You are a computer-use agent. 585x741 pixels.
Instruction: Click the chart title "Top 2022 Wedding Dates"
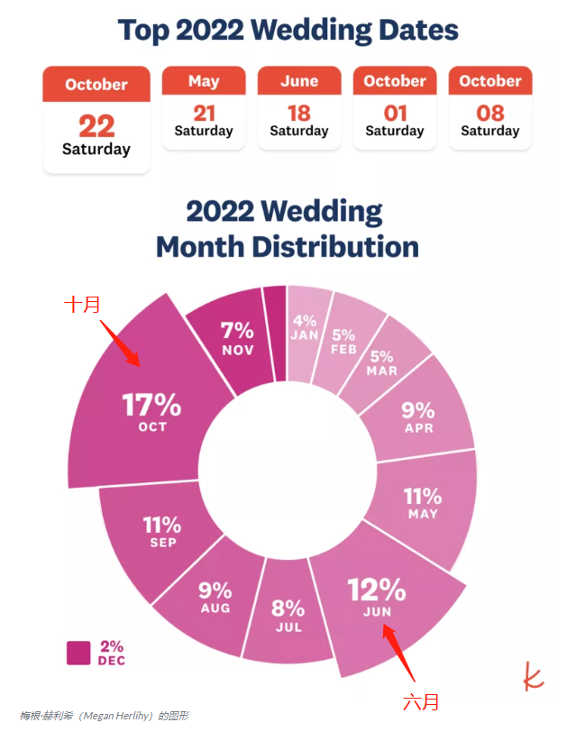click(288, 30)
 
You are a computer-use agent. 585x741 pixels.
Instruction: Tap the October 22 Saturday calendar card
click(96, 119)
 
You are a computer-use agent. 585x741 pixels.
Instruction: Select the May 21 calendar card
click(204, 108)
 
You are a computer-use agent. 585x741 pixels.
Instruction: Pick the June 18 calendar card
click(299, 108)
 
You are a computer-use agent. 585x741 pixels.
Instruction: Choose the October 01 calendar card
click(395, 108)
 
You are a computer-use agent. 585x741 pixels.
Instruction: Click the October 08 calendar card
click(490, 108)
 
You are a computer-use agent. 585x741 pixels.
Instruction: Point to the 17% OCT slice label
click(152, 410)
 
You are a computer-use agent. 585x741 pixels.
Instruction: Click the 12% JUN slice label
click(378, 598)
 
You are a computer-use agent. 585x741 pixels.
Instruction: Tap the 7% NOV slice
click(237, 338)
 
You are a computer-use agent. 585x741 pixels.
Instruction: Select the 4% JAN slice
click(305, 326)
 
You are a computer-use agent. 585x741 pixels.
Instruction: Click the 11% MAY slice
click(423, 502)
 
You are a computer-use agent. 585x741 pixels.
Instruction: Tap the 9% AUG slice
click(215, 597)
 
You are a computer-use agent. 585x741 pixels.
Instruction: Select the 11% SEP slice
click(162, 531)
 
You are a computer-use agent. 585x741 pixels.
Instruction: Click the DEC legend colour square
click(79, 653)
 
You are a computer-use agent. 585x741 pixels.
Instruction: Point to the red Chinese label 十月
click(82, 305)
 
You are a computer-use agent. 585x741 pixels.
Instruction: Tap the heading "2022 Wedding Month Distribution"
click(287, 229)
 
